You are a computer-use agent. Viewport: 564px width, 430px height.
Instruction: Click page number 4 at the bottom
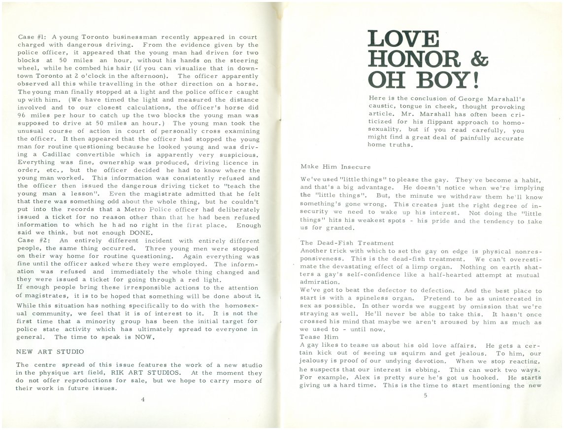point(142,399)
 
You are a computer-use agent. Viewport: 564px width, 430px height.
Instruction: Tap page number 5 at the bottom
point(425,395)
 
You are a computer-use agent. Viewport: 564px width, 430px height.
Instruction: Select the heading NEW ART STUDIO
point(50,352)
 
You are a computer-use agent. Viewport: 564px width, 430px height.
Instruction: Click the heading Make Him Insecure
point(335,167)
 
